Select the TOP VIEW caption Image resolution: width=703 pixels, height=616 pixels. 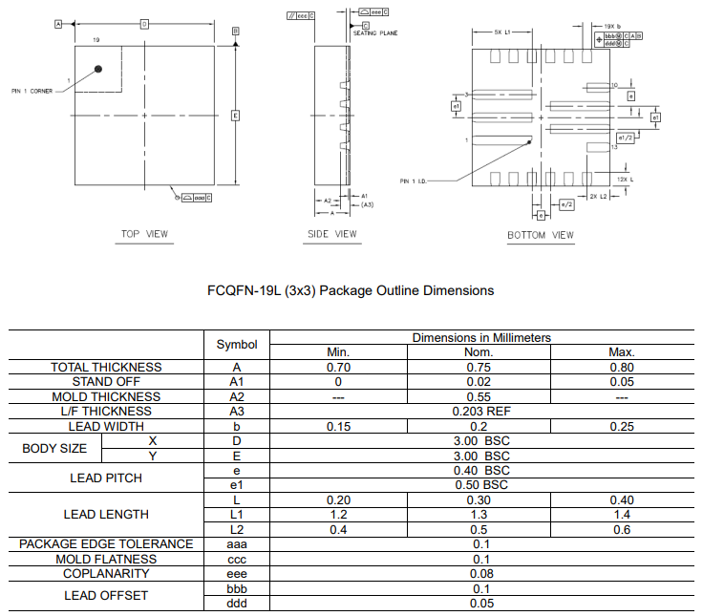tap(144, 233)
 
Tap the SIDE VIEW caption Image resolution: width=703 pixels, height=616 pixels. tap(331, 233)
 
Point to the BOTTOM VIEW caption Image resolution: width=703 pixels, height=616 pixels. tap(541, 235)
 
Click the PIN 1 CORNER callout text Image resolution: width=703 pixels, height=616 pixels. tap(32, 92)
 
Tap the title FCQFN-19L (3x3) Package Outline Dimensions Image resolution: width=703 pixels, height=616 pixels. tap(351, 290)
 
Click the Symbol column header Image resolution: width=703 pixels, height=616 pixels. tap(237, 344)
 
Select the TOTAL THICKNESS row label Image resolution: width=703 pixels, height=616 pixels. tap(106, 367)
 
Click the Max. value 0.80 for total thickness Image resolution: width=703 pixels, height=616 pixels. tap(622, 367)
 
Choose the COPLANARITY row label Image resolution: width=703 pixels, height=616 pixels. tap(106, 573)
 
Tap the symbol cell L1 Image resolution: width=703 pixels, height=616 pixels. tap(237, 515)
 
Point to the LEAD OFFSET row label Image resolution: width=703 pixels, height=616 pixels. tap(106, 595)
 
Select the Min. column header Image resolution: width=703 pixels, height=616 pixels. tap(338, 351)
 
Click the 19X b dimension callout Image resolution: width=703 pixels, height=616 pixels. tap(611, 27)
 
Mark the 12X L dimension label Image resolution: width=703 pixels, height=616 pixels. tap(625, 180)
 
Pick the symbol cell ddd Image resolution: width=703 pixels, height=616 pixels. tap(237, 603)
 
